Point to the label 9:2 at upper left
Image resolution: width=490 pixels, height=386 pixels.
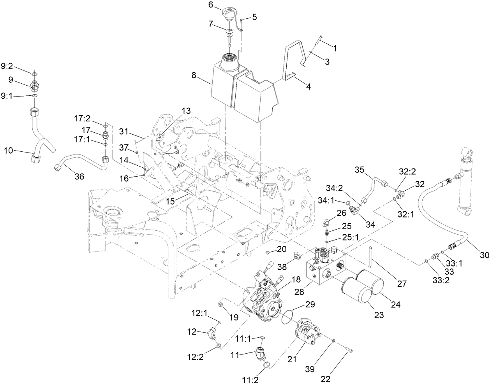coord(7,67)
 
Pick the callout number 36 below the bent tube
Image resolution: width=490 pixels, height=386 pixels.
coord(79,176)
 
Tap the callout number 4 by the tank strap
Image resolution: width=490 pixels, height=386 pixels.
coord(308,87)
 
